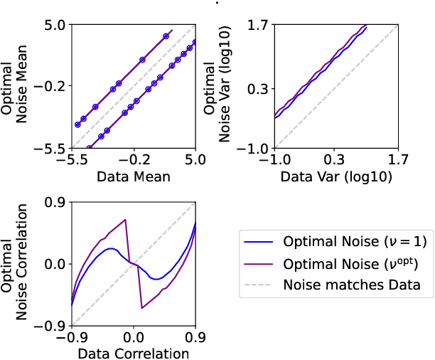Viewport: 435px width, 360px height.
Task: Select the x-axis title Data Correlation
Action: (134, 353)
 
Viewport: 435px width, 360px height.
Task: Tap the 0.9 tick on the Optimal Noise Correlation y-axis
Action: (55, 202)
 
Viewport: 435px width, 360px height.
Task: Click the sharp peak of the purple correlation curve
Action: (125, 220)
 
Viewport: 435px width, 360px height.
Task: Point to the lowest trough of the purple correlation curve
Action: (142, 307)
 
